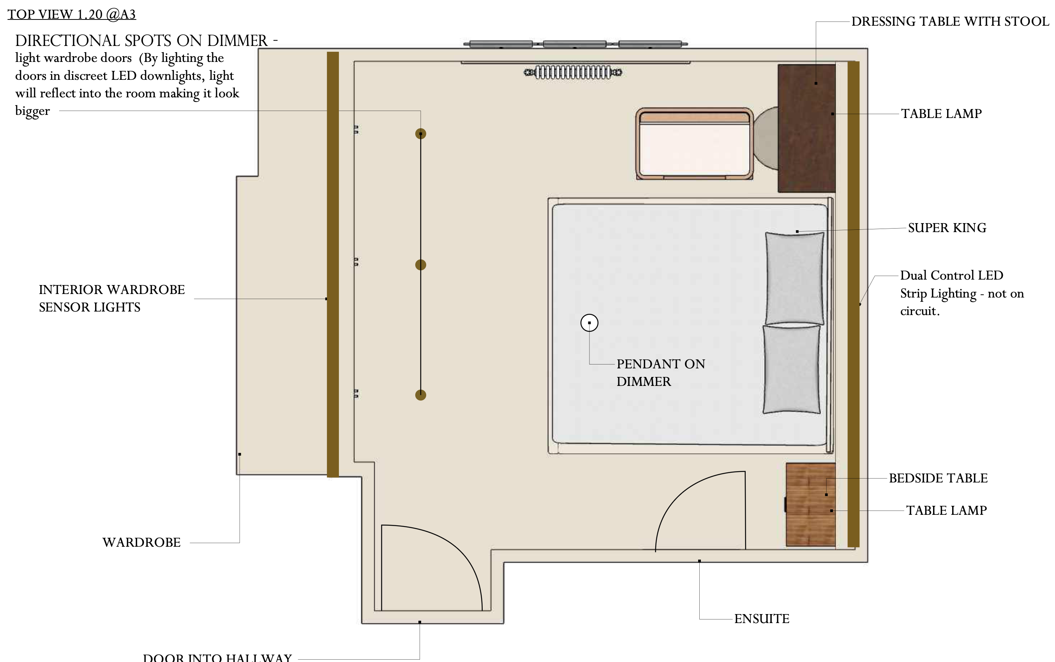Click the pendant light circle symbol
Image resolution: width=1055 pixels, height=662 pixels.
click(x=589, y=323)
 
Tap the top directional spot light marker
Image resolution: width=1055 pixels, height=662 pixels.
click(x=420, y=134)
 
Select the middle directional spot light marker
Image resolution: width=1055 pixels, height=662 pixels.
click(x=420, y=264)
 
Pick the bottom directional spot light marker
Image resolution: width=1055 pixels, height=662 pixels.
click(x=420, y=395)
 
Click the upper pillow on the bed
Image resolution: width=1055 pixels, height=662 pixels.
click(x=794, y=278)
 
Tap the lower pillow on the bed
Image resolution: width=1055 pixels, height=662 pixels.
click(x=791, y=369)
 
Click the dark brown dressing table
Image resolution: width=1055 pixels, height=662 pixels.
click(x=807, y=128)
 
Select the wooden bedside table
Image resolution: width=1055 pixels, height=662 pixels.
click(x=811, y=504)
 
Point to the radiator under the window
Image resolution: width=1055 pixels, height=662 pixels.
click(x=573, y=72)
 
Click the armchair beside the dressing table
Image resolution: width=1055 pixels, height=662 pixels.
click(x=695, y=144)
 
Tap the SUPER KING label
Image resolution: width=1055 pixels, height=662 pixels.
click(x=947, y=228)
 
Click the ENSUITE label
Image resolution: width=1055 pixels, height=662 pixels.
click(x=762, y=619)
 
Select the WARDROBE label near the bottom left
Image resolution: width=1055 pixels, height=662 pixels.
click(x=141, y=542)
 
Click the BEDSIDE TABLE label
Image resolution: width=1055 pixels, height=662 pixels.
click(x=938, y=478)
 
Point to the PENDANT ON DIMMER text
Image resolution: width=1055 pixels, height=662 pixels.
click(x=660, y=373)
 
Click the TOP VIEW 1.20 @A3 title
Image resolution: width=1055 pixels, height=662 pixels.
click(x=72, y=14)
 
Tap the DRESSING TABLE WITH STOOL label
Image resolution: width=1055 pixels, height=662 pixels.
click(x=950, y=21)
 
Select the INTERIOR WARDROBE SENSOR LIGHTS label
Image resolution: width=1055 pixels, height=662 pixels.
click(x=112, y=298)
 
